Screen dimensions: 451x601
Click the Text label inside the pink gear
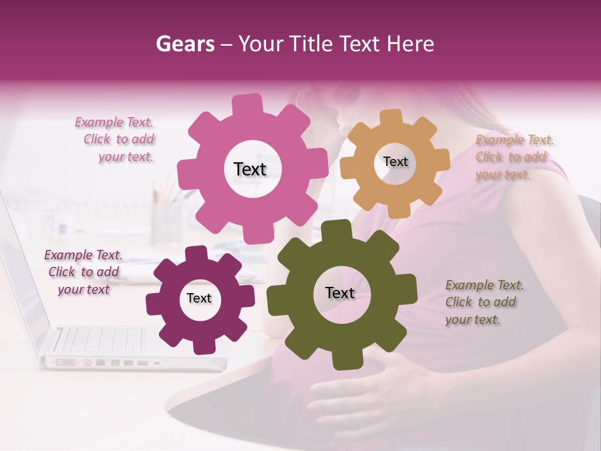[250, 169]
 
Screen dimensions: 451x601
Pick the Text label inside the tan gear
[395, 162]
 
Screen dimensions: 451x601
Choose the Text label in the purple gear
[199, 298]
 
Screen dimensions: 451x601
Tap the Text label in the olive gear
[340, 293]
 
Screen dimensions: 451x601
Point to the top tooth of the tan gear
[392, 117]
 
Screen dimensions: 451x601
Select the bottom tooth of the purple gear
[202, 345]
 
